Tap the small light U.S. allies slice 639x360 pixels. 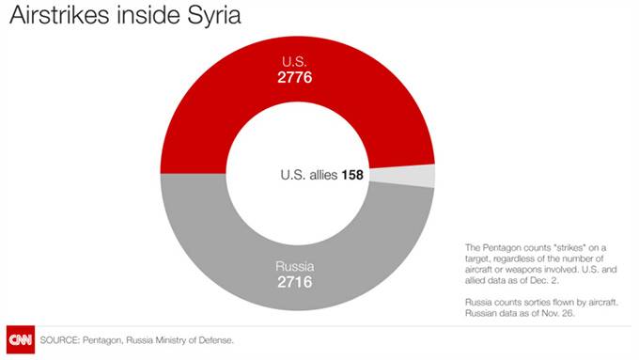pos(423,176)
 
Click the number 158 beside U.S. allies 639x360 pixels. pos(352,175)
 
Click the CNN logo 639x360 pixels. pos(18,339)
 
